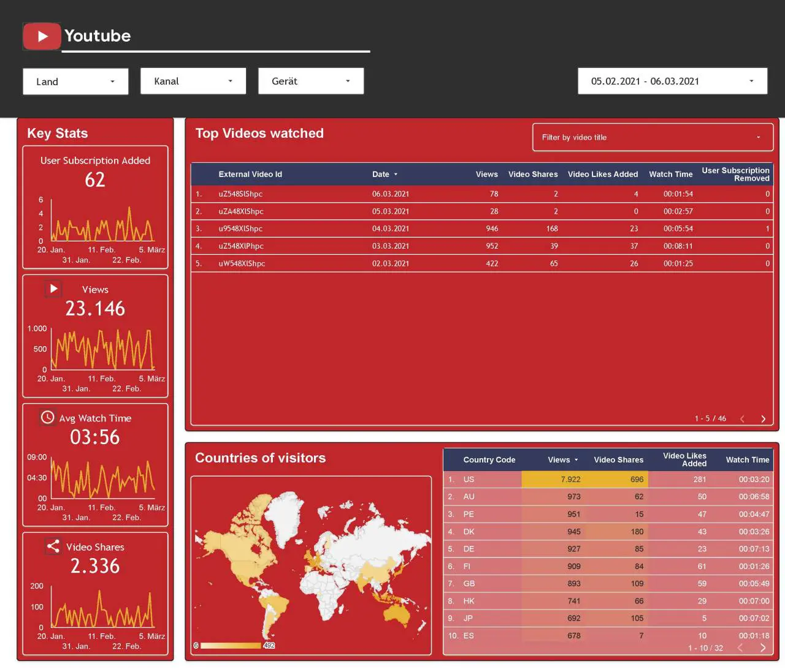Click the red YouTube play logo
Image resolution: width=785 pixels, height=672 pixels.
[42, 36]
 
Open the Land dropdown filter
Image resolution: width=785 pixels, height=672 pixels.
[75, 81]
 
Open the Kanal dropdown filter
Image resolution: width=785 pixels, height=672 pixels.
[193, 81]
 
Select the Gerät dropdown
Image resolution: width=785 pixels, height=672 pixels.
[311, 81]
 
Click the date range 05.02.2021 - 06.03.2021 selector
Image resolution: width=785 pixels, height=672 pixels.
[672, 81]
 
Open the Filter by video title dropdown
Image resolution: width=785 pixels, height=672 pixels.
[653, 137]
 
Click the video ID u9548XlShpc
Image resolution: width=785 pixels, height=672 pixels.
[240, 229]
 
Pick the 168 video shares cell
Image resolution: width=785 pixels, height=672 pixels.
[552, 229]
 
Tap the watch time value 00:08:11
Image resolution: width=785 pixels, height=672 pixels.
[678, 246]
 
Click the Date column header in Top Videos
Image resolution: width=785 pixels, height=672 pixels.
[380, 174]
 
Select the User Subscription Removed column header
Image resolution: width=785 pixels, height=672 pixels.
[735, 174]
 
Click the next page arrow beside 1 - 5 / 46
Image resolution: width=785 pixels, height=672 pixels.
[763, 419]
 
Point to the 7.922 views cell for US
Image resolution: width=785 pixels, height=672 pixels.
[570, 480]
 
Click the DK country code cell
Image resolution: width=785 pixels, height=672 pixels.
[469, 532]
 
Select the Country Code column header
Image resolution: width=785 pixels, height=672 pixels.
[489, 460]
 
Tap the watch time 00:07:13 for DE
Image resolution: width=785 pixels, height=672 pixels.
[754, 549]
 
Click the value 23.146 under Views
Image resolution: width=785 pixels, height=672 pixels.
[95, 309]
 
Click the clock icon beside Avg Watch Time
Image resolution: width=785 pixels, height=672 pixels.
[47, 417]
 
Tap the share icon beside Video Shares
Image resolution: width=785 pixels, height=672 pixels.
[53, 546]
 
